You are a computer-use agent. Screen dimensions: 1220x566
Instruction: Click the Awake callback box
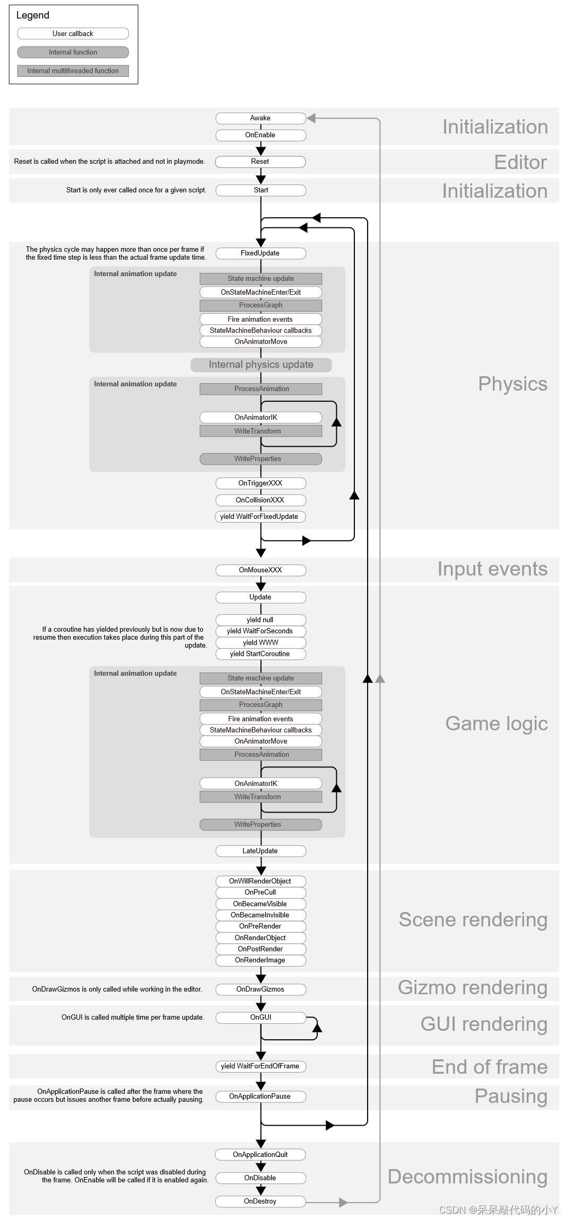260,118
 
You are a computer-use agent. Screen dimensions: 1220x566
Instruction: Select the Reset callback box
260,162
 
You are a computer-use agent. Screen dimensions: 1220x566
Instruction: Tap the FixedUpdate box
260,253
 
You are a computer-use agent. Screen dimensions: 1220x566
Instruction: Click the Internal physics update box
261,365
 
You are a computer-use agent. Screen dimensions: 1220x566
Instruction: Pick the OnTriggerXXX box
260,483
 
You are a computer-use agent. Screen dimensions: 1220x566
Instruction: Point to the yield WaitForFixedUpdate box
260,517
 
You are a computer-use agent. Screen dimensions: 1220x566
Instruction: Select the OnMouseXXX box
260,570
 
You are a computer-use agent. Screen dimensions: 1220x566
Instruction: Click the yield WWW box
260,643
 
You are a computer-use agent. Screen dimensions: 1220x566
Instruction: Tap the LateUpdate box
260,851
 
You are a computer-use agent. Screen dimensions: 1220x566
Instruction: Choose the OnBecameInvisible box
260,915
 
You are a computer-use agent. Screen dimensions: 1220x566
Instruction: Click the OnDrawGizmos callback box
260,989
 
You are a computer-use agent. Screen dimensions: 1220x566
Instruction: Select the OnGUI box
260,1018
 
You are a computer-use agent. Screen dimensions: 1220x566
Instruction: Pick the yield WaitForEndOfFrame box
260,1066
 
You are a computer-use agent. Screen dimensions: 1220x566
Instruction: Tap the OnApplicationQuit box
260,1155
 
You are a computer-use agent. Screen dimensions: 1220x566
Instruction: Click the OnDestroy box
260,1201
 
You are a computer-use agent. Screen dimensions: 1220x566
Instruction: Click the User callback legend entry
73,34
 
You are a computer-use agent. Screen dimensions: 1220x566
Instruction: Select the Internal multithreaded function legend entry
73,71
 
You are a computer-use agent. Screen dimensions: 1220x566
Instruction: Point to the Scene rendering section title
473,920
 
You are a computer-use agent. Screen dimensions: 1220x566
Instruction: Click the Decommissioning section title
467,1177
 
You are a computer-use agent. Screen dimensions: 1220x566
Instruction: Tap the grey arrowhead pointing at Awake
311,118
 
